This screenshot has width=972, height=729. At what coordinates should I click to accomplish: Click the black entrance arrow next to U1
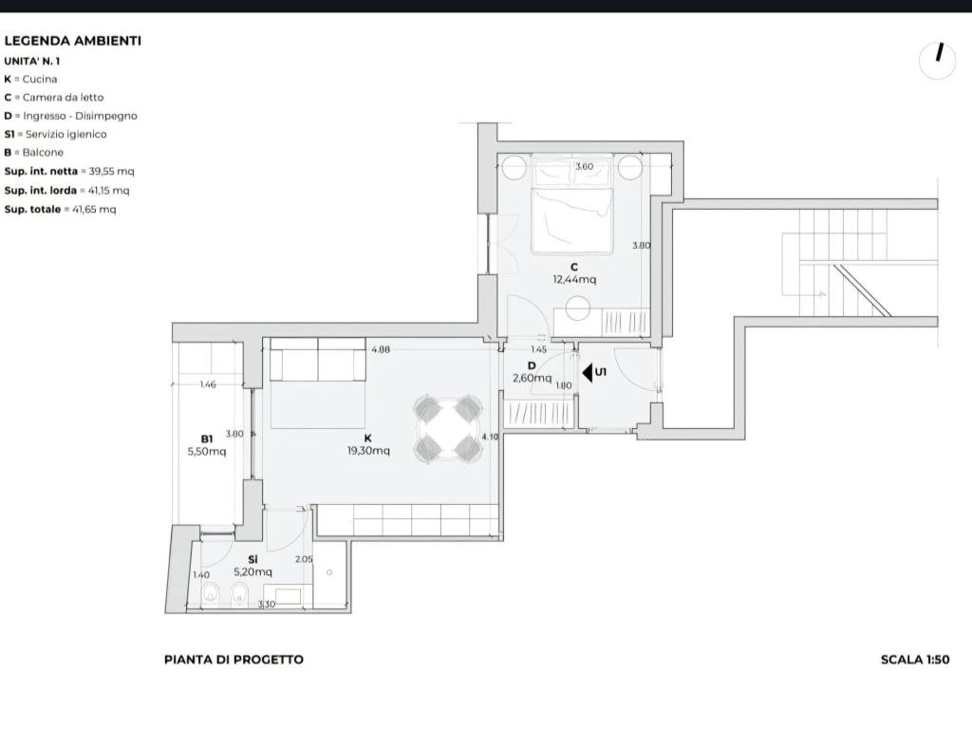(588, 372)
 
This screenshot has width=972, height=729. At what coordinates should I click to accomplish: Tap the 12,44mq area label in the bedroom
(574, 280)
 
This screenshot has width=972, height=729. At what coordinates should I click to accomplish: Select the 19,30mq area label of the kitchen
(368, 451)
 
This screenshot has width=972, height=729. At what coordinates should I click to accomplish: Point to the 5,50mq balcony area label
(206, 451)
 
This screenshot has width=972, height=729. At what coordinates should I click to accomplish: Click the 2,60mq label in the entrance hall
(532, 378)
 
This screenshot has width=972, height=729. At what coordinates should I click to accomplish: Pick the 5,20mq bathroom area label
(252, 572)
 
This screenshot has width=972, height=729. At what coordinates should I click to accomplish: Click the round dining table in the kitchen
(448, 430)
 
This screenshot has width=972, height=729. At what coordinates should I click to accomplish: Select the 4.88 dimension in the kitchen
(381, 349)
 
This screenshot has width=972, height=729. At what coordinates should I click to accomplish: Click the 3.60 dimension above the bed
(584, 166)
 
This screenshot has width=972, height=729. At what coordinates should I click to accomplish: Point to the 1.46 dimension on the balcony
(208, 384)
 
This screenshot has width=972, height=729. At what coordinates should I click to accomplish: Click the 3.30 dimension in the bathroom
(266, 604)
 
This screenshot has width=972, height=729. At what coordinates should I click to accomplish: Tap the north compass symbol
(937, 61)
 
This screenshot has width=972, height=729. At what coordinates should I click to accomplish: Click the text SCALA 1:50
(915, 660)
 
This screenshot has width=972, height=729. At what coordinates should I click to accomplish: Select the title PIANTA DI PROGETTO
(234, 660)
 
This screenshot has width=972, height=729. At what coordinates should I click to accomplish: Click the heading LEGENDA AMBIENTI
(72, 41)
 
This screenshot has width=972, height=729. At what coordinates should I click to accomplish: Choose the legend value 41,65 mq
(94, 210)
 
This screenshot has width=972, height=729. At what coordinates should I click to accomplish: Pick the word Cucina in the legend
(40, 80)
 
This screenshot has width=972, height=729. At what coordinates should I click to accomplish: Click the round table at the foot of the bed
(578, 308)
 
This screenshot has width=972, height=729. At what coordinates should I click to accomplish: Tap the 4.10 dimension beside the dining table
(490, 437)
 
